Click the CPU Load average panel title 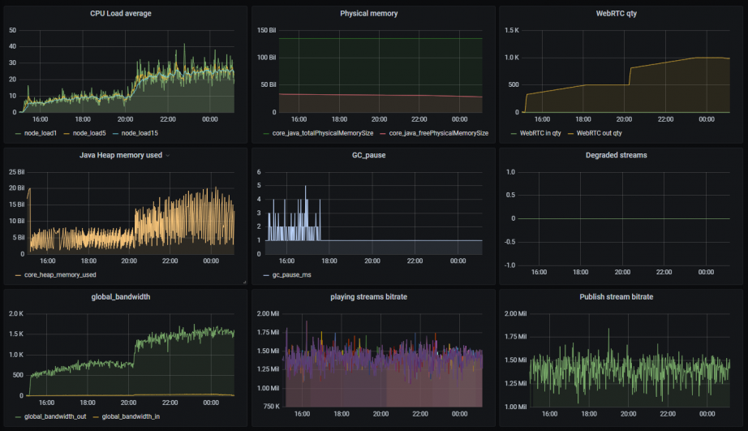click(120, 13)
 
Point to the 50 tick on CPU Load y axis click(12, 30)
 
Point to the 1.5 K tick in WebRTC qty click(511, 30)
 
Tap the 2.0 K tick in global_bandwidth click(15, 313)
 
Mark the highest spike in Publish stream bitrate click(608, 329)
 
